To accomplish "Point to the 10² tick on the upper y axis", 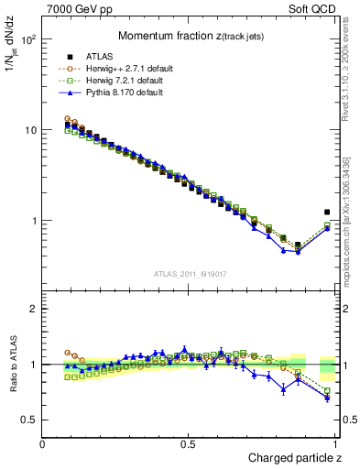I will point(29,40).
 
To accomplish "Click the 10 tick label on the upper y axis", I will point(30,130).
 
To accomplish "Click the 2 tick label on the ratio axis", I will point(34,309).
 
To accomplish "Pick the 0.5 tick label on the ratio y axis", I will point(30,420).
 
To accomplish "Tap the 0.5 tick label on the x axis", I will point(188,444).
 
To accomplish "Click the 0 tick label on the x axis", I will point(43,444).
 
